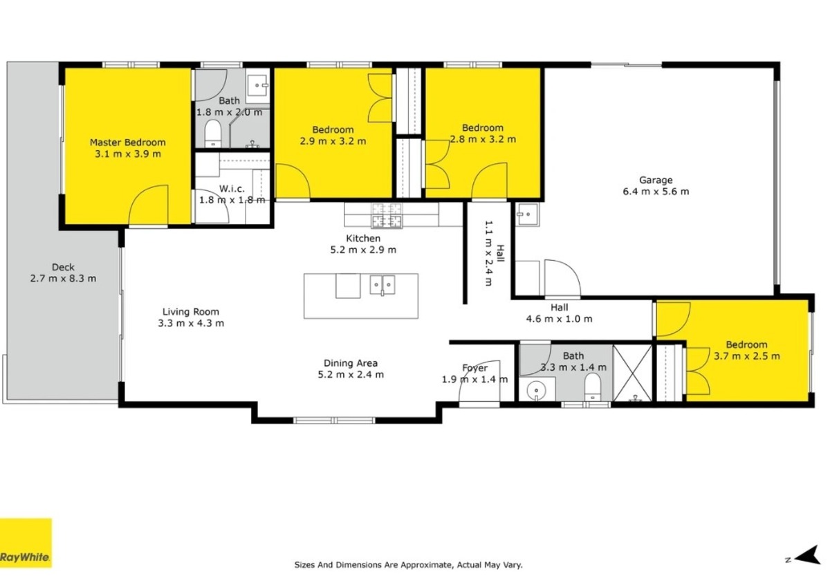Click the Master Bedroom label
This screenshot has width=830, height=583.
(127, 142)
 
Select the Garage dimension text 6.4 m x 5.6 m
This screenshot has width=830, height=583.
(656, 192)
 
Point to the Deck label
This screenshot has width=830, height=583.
(63, 267)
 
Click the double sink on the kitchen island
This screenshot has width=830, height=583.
(382, 285)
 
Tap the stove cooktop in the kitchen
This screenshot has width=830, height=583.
(387, 215)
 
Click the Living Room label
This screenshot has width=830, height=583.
(191, 312)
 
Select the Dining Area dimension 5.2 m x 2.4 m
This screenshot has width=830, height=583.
(351, 374)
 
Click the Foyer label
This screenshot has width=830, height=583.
(474, 368)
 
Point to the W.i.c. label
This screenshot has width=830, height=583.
(232, 189)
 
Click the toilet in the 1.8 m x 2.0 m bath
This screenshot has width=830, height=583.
(213, 133)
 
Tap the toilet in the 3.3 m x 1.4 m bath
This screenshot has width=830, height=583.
(593, 387)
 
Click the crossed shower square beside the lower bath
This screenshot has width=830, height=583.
(632, 373)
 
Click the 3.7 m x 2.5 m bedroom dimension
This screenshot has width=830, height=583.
(746, 356)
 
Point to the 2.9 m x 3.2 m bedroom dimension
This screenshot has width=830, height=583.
(333, 142)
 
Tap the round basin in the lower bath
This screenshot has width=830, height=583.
(537, 390)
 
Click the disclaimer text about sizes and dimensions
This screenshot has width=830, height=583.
(408, 565)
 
